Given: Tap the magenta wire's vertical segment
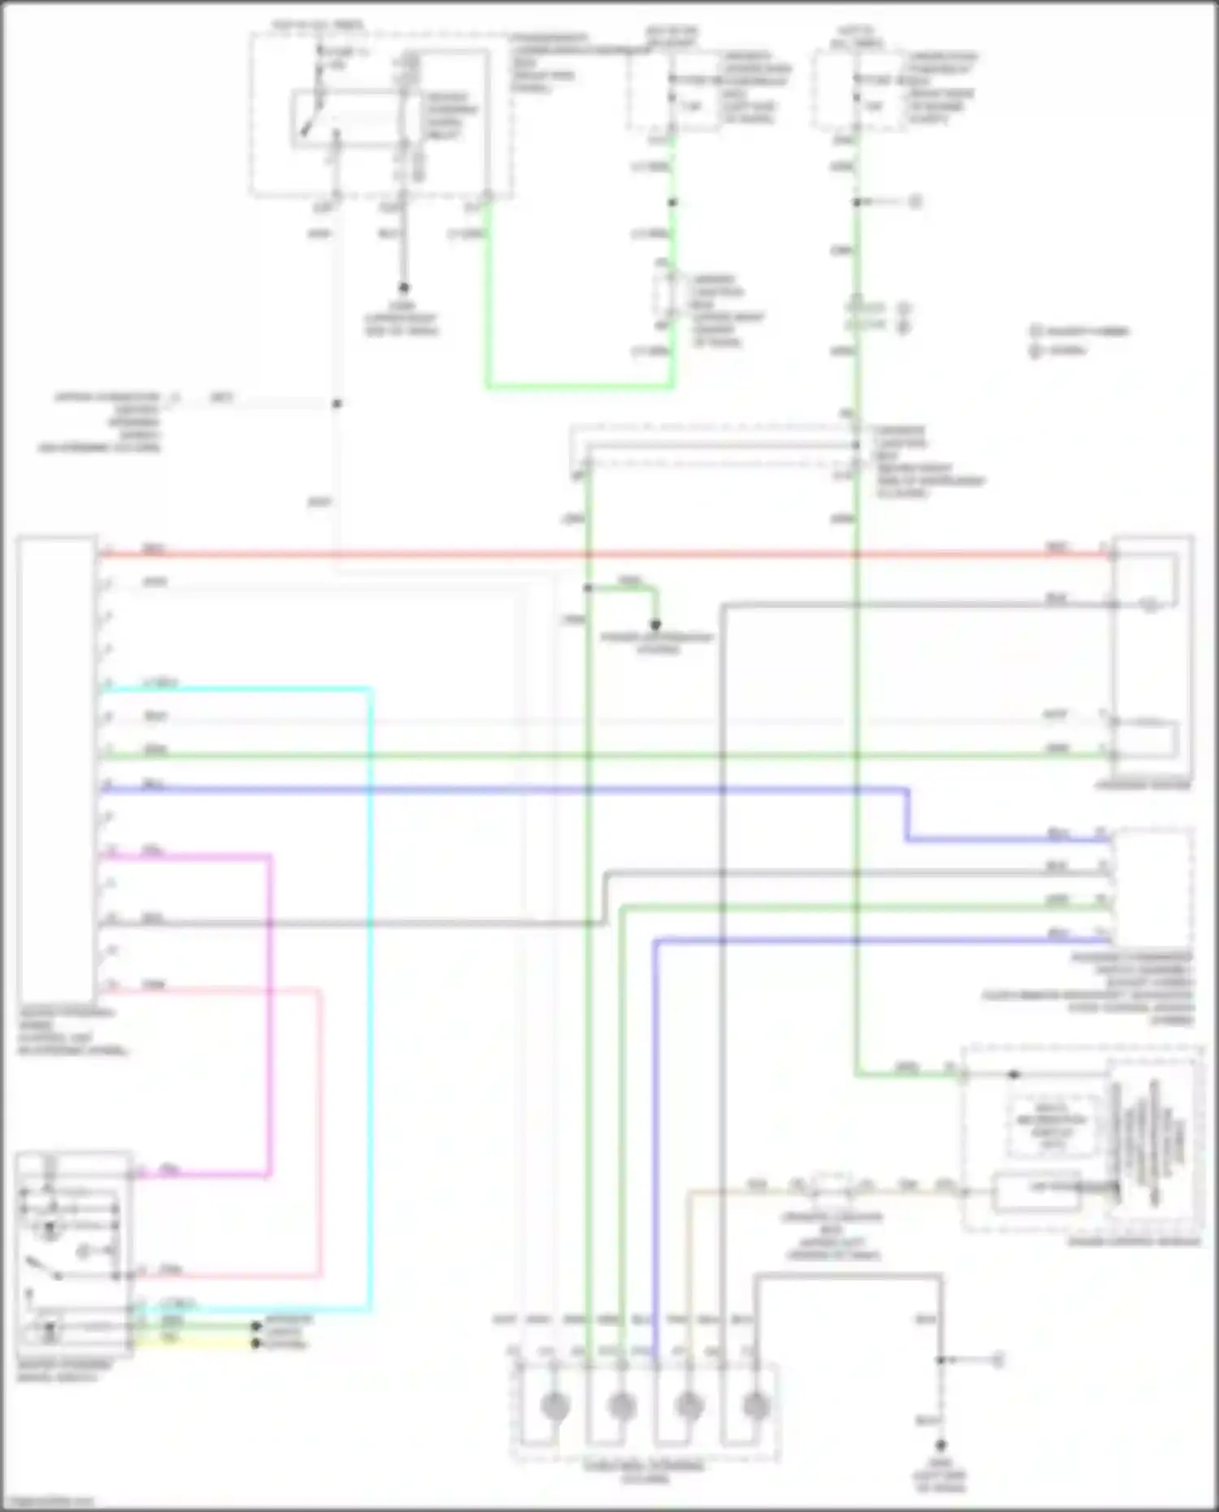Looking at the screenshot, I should click(269, 1016).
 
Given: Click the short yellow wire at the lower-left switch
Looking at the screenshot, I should click(195, 1344).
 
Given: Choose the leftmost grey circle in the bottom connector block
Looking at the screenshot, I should click(555, 1405).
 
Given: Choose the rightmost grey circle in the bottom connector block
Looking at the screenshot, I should click(756, 1405).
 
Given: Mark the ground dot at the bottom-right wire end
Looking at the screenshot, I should click(940, 1445).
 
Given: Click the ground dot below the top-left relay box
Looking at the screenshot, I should click(402, 288).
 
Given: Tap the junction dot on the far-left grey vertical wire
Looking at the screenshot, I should click(336, 403).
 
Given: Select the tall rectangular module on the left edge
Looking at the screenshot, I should click(56, 768).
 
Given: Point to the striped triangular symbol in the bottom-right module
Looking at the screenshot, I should click(1154, 1146).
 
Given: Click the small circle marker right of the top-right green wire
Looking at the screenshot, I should click(915, 201).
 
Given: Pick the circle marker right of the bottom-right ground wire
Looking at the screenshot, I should click(998, 1360).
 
